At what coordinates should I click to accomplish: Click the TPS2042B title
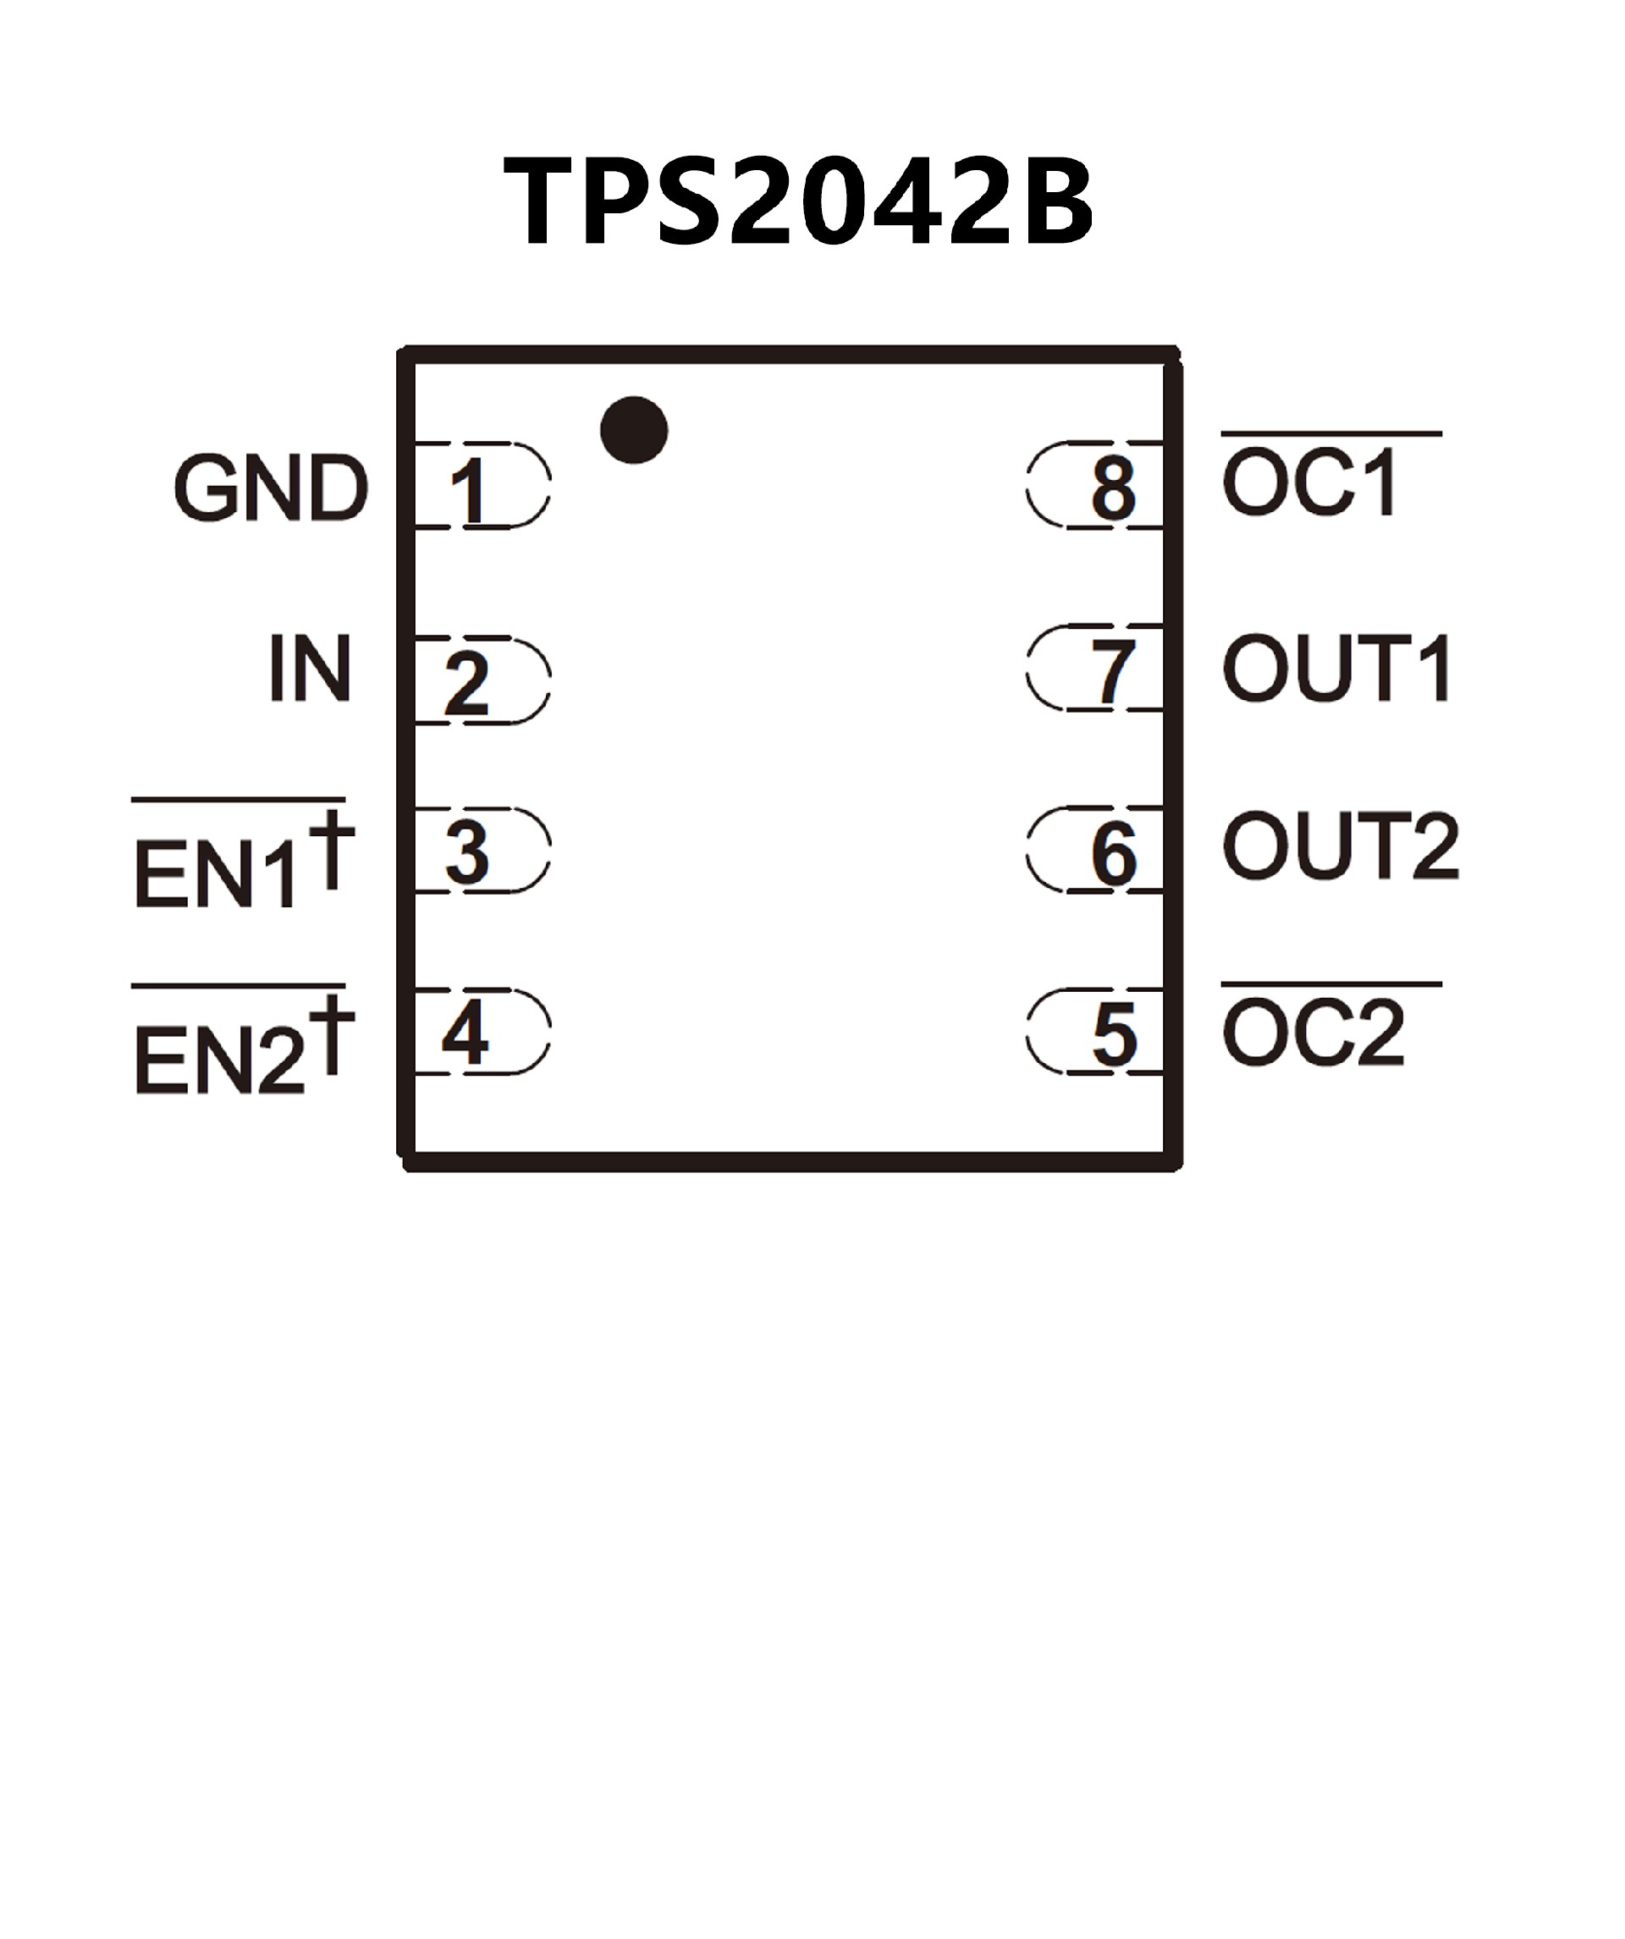(x=798, y=201)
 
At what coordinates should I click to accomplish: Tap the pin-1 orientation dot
(x=633, y=430)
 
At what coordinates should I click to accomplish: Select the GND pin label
(x=271, y=488)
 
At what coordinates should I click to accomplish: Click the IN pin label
(x=311, y=668)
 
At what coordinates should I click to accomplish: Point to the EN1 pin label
(x=218, y=873)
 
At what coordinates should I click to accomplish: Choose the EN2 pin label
(x=220, y=1060)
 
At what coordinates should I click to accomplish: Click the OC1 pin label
(x=1309, y=484)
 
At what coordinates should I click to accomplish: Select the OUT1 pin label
(x=1337, y=668)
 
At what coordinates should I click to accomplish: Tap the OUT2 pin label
(x=1340, y=846)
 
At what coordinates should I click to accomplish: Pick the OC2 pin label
(x=1312, y=1033)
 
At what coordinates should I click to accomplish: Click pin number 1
(x=469, y=491)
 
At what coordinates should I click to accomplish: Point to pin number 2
(x=467, y=684)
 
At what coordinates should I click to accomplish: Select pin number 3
(x=467, y=853)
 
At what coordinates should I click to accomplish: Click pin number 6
(x=1115, y=855)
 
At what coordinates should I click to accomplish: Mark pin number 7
(x=1113, y=673)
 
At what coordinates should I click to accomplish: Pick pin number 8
(x=1114, y=488)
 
